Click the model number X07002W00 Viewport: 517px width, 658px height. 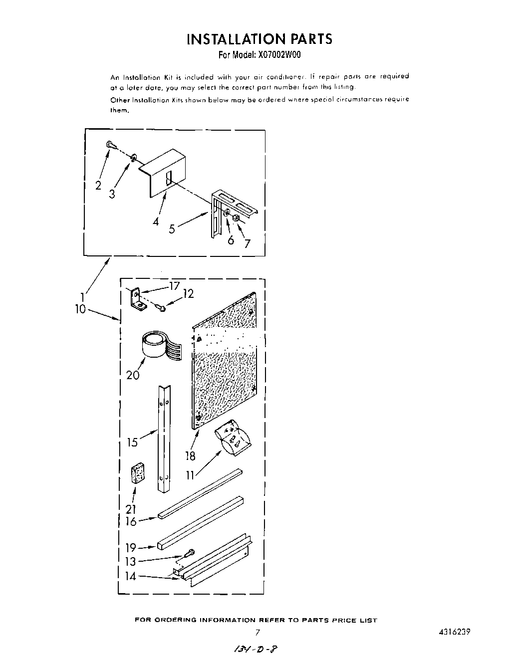274,55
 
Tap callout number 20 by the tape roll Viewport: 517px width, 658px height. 133,375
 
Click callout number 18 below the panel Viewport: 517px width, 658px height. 190,456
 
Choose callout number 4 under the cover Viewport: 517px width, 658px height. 156,221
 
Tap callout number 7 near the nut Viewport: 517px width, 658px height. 247,244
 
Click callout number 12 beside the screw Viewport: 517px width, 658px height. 188,294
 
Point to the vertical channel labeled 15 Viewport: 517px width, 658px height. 164,439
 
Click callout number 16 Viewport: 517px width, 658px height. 131,522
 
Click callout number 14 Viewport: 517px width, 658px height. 130,576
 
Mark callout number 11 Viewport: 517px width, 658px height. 190,475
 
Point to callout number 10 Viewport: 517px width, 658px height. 80,309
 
